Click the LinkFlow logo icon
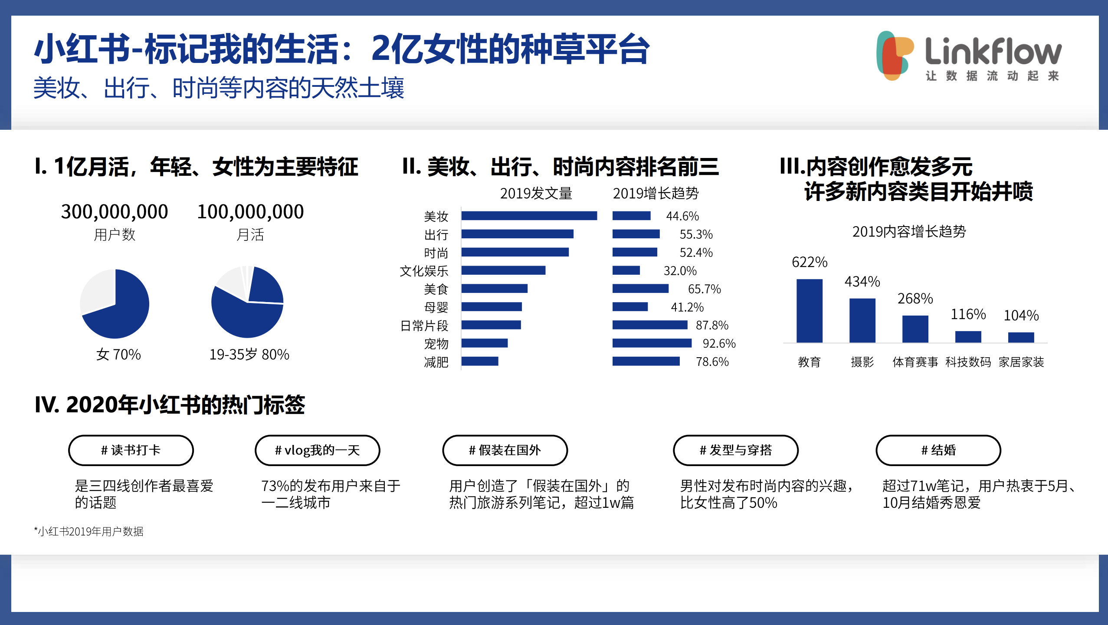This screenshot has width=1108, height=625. click(894, 56)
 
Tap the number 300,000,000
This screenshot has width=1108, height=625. click(115, 212)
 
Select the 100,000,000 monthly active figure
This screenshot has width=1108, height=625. click(250, 212)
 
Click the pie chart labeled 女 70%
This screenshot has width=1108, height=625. click(115, 304)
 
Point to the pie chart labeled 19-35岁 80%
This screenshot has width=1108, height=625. click(247, 302)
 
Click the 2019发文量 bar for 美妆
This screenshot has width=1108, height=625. click(529, 216)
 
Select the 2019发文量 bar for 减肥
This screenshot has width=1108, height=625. click(480, 361)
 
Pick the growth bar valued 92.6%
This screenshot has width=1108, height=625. click(652, 343)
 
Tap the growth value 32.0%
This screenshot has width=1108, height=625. click(680, 271)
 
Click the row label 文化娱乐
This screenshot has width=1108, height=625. click(424, 271)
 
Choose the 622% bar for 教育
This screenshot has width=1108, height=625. click(809, 311)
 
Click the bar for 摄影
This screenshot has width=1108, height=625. click(862, 320)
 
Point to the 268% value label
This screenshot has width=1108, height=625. click(915, 299)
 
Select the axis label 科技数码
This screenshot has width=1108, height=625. click(968, 362)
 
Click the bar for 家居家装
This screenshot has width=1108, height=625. click(1021, 337)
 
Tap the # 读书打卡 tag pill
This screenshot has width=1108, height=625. click(131, 450)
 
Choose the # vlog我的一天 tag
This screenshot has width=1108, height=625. click(317, 450)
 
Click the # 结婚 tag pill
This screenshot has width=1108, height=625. click(938, 450)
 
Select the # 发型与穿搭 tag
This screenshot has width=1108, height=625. click(735, 450)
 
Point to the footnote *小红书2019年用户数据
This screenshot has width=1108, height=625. click(89, 531)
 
